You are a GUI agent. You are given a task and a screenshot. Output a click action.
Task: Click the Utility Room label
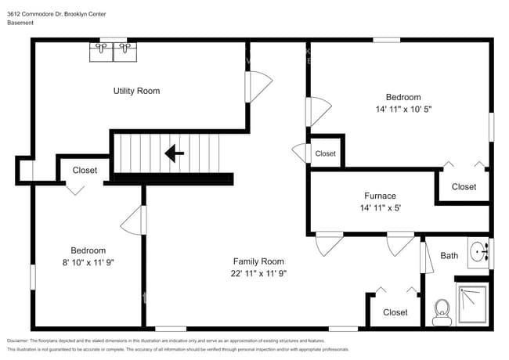coord(136,91)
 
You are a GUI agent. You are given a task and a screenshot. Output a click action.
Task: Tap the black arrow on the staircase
coord(174,153)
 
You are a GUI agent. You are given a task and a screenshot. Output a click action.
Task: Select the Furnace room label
coord(380,196)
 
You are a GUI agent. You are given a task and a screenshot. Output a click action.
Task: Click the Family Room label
coord(258,261)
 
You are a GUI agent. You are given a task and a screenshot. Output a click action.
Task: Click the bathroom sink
coord(478,250)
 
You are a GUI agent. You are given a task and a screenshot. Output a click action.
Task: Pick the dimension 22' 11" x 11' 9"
coord(258,274)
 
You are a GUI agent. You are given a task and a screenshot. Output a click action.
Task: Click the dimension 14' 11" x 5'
coord(380,208)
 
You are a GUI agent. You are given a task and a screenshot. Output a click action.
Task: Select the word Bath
coord(449,255)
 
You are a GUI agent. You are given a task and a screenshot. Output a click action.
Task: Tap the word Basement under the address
coord(20,23)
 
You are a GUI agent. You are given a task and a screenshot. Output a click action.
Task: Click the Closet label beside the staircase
coord(85,170)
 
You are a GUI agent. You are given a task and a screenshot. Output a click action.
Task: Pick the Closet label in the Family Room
coord(395,312)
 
